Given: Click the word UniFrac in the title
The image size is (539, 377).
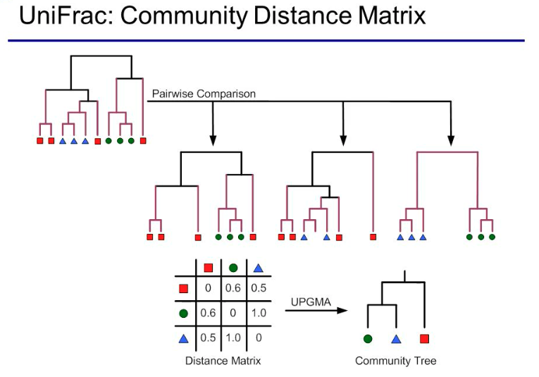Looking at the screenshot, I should [x=61, y=16].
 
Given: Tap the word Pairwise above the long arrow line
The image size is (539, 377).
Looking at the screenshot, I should [x=173, y=94].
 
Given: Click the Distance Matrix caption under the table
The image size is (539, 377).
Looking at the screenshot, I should [x=223, y=361].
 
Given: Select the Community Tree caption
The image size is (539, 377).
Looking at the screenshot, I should [x=395, y=361].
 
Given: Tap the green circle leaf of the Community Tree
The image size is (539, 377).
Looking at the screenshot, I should [x=368, y=339].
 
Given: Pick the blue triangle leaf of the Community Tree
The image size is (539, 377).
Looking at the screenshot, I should [x=396, y=339].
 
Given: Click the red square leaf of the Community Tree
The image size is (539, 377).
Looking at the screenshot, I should [x=424, y=339].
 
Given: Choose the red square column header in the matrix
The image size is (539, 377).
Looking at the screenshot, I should [x=208, y=268].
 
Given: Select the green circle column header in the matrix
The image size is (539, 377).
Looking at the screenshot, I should [x=233, y=268].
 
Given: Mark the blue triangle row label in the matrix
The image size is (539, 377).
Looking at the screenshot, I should [x=184, y=338].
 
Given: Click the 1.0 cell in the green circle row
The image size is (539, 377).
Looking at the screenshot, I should [x=259, y=313].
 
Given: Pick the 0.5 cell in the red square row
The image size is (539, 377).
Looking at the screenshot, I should [x=259, y=288].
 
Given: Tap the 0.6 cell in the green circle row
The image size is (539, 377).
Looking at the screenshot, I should [x=208, y=313].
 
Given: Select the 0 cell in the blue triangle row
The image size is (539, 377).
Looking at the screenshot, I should [x=259, y=338].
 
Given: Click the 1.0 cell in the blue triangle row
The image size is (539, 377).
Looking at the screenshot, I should [x=233, y=338].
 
